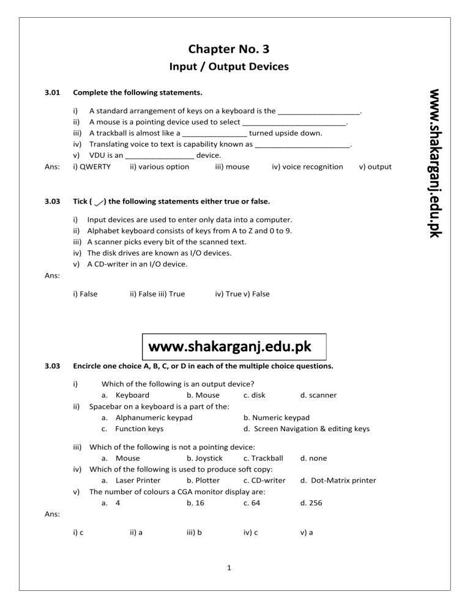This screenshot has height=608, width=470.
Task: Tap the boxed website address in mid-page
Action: (x=234, y=347)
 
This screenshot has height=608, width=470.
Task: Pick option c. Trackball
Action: (x=263, y=458)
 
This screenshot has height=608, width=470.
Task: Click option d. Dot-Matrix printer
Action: (x=338, y=480)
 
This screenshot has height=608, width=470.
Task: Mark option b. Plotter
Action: (x=203, y=480)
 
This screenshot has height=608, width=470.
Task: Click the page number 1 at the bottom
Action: (x=227, y=569)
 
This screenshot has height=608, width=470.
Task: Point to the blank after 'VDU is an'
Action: (x=160, y=155)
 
